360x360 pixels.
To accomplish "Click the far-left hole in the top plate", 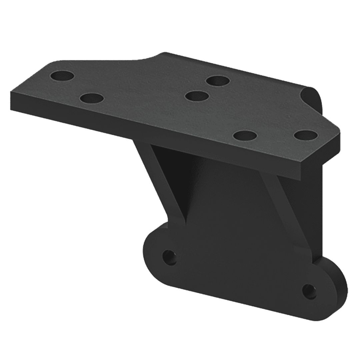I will [62, 76].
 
